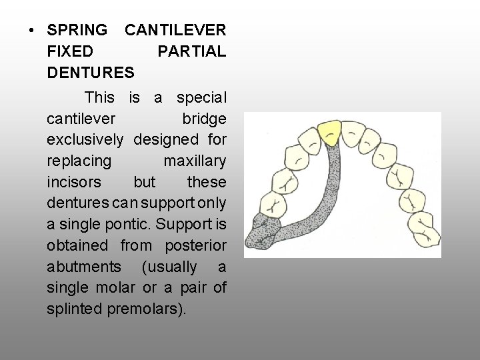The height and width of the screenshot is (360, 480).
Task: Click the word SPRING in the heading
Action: point(77,30)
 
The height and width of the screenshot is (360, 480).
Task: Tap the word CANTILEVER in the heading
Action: point(175,30)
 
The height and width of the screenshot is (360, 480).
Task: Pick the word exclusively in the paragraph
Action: point(85,140)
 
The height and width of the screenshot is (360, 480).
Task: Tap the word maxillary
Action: point(194,161)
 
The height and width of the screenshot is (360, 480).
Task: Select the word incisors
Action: point(74,182)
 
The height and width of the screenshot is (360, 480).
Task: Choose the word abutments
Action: point(84,267)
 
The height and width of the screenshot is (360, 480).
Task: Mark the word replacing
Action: point(79,161)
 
